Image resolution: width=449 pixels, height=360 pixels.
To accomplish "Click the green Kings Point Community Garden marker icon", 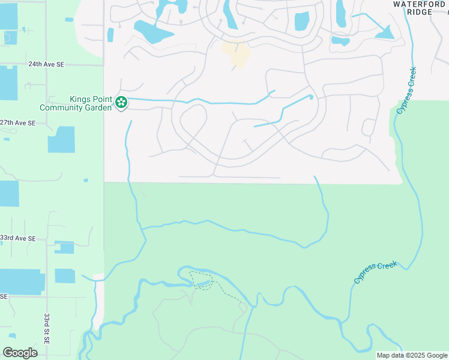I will [x=121, y=103].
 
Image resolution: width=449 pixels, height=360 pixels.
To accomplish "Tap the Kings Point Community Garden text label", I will [x=76, y=103].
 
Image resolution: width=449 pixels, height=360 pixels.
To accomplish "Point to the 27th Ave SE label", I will [x=18, y=122].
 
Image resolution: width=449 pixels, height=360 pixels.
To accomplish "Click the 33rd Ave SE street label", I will [x=18, y=238].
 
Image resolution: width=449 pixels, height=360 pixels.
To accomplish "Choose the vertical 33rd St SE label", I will [x=47, y=328].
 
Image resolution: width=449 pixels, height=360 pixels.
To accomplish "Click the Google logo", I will [x=20, y=352].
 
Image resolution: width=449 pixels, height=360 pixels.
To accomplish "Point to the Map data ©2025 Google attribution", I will [x=412, y=355].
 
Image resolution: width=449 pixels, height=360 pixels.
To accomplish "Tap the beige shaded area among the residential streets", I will [x=237, y=53].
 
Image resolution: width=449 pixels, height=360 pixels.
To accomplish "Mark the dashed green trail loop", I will [x=203, y=280].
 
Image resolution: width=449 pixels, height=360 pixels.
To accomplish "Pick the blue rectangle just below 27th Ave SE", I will [x=61, y=139].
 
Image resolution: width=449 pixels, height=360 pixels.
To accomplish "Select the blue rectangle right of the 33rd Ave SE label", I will [x=64, y=247].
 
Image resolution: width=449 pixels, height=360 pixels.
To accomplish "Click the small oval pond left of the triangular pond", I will [x=340, y=41].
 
